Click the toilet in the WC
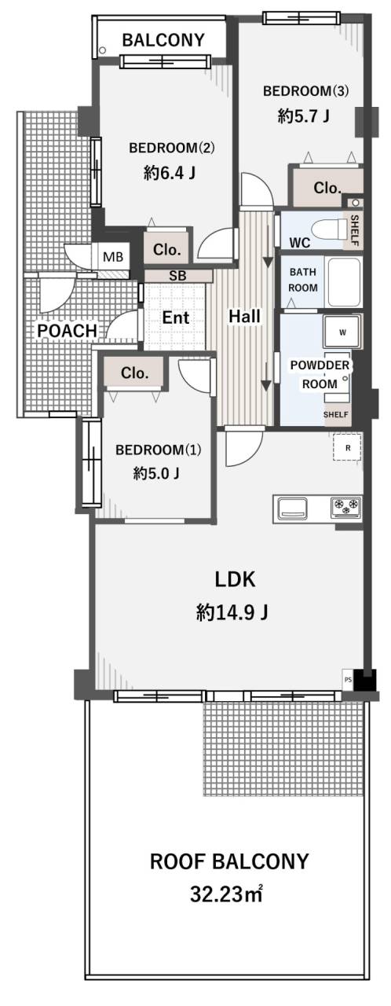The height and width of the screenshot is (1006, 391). click(x=328, y=229)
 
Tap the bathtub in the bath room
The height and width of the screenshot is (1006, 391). click(x=344, y=282)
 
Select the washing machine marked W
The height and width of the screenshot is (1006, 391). click(x=342, y=332)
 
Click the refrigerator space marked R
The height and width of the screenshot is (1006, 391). click(x=347, y=447)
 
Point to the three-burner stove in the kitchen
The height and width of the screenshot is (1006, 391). click(x=346, y=506)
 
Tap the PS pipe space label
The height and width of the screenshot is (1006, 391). click(x=348, y=680)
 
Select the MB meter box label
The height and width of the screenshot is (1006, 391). click(x=112, y=257)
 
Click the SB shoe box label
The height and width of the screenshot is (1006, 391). click(x=177, y=276)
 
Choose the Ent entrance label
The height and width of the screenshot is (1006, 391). click(x=175, y=318)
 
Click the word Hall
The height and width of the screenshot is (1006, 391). click(x=244, y=316)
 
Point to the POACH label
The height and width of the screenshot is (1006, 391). click(x=67, y=331)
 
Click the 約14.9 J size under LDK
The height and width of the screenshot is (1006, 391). click(x=232, y=611)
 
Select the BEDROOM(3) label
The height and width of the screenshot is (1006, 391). click(x=305, y=91)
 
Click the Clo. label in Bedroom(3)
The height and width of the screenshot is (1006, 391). click(x=327, y=188)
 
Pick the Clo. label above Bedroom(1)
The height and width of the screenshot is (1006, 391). click(x=134, y=373)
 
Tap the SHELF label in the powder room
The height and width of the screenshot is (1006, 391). click(x=336, y=415)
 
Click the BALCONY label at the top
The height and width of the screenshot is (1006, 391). click(x=163, y=40)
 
